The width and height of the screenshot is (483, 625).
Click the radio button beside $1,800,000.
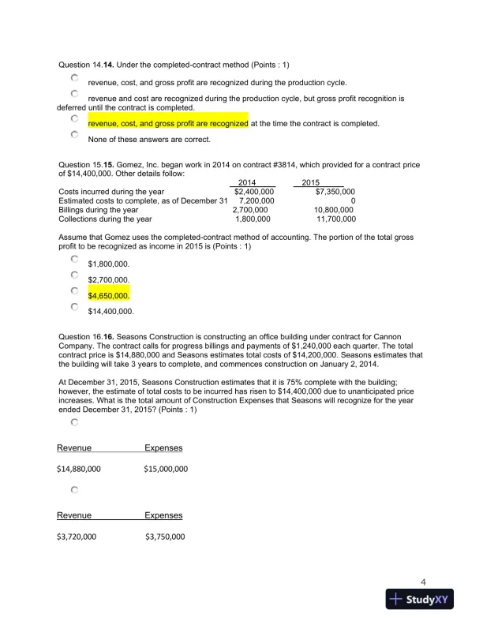pyautogui.click(x=74, y=258)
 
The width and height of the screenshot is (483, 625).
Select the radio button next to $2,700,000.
pyautogui.click(x=74, y=275)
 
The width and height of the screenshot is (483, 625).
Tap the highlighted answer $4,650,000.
pyautogui.click(x=108, y=296)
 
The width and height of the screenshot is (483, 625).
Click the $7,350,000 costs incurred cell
pyautogui.click(x=335, y=191)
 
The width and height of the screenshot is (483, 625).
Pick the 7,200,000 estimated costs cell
pyautogui.click(x=256, y=200)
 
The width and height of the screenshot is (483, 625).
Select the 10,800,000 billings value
pyautogui.click(x=333, y=210)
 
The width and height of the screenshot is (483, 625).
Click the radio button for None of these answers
pyautogui.click(x=74, y=136)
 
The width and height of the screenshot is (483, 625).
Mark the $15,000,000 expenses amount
pyautogui.click(x=166, y=469)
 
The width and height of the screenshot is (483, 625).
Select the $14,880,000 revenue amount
pyautogui.click(x=79, y=469)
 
